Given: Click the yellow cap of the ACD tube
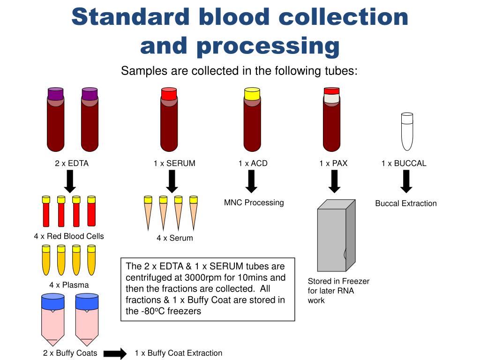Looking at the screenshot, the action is pyautogui.click(x=252, y=93).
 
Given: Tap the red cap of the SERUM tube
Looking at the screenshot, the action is pyautogui.click(x=169, y=93).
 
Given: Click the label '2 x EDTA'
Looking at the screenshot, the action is pyautogui.click(x=72, y=164).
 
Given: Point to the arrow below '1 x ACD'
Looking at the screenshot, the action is pyautogui.click(x=252, y=181).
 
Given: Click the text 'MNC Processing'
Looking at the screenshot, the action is pyautogui.click(x=254, y=202).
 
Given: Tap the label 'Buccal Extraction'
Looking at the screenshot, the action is pyautogui.click(x=405, y=203).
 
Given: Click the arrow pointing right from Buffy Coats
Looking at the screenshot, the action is pyautogui.click(x=115, y=353).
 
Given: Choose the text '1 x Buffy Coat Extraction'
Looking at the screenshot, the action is pyautogui.click(x=178, y=353).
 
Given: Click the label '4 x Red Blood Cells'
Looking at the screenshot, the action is pyautogui.click(x=69, y=236).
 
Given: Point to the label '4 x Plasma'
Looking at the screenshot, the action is pyautogui.click(x=69, y=285).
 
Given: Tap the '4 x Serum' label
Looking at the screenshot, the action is pyautogui.click(x=175, y=238).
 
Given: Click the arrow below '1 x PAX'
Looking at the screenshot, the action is pyautogui.click(x=334, y=181).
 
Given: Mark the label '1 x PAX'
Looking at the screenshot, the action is pyautogui.click(x=334, y=164).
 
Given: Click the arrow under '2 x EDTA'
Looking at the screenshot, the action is pyautogui.click(x=70, y=181).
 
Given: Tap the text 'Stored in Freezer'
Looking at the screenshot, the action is pyautogui.click(x=338, y=281).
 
